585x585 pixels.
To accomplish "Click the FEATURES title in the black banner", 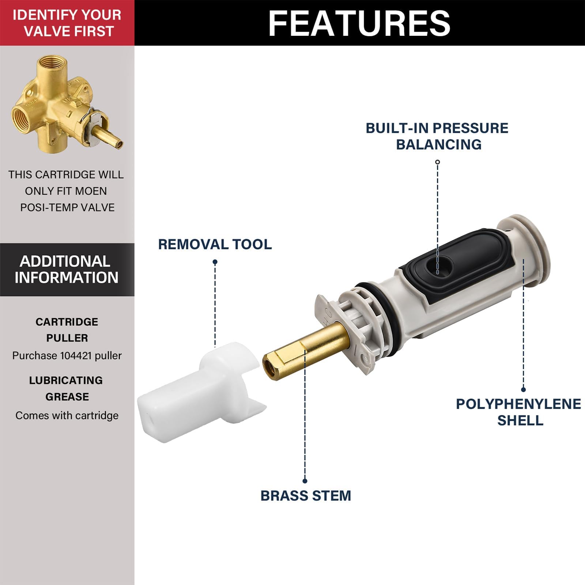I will (359, 23).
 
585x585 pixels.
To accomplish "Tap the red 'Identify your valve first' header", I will (67, 23).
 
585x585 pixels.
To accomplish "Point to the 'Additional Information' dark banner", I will (67, 269).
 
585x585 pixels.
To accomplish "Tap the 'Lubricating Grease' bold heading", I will (67, 388).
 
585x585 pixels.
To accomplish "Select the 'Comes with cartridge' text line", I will (67, 415).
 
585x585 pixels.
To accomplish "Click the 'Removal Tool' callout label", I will (215, 244).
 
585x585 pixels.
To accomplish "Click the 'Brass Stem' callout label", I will (306, 496).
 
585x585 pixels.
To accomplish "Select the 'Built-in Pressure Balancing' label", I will (437, 136).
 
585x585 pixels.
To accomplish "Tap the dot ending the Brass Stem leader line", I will (305, 481).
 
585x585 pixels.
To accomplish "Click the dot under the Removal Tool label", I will (215, 262).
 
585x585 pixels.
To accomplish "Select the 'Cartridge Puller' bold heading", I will (67, 330).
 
